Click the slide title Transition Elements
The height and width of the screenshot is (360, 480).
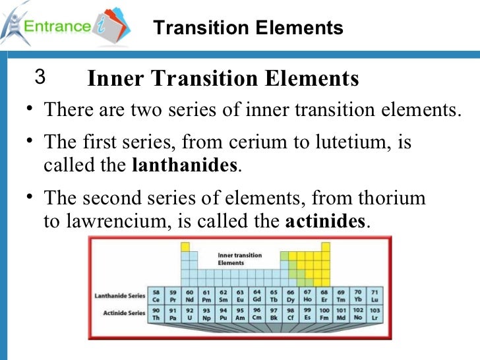pos(248,28)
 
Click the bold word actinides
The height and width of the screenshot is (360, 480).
pos(324,220)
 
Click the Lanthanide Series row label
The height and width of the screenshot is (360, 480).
pos(119,296)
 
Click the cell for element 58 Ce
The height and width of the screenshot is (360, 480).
pos(156,295)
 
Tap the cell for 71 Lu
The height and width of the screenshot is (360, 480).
pos(375,295)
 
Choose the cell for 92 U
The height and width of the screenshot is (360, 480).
pos(190,313)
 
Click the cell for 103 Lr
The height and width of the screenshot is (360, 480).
pos(375,313)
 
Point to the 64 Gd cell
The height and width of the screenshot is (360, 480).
pos(257,295)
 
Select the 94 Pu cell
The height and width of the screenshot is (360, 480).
pos(224,313)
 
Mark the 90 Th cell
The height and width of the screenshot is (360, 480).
pos(156,313)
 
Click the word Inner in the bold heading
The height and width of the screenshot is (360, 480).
pos(115,79)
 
